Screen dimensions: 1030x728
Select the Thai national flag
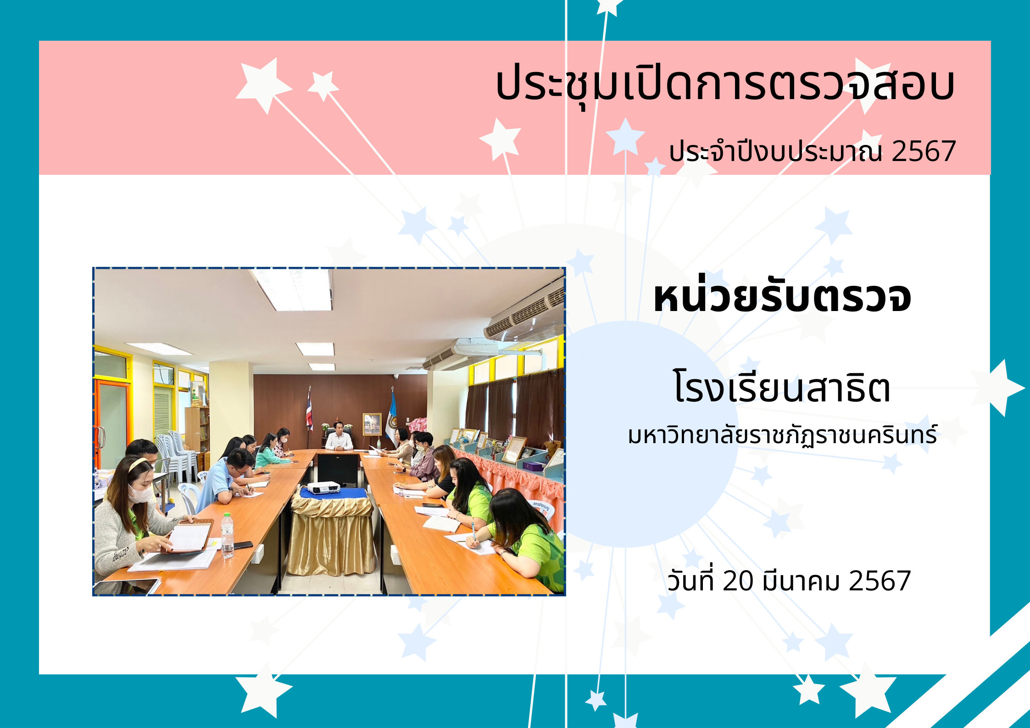[x=309, y=411]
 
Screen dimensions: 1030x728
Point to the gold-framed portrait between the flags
[x=372, y=424]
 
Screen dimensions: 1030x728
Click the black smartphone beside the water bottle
[x=243, y=545]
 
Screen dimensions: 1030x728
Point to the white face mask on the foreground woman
[x=140, y=494]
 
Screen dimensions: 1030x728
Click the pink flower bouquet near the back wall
[x=418, y=424]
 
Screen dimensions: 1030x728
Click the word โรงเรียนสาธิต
[x=782, y=386]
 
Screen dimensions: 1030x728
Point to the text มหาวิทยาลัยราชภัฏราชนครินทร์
[x=782, y=435]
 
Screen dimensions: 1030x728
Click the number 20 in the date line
[x=738, y=581]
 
